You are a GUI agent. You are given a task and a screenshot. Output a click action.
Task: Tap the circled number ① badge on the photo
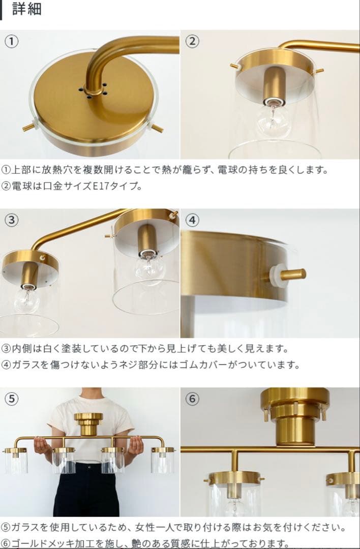tap(12, 42)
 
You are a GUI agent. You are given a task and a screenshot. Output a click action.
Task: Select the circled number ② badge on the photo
tap(192, 42)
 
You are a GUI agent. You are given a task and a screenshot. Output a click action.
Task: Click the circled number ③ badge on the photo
tap(12, 220)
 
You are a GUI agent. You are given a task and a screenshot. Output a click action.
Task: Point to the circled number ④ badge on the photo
tap(192, 220)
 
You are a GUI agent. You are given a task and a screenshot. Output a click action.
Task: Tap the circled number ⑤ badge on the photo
tap(12, 399)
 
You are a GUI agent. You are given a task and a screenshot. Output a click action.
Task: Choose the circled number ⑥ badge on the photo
tap(192, 399)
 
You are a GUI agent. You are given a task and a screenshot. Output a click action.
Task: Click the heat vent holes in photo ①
tap(92, 90)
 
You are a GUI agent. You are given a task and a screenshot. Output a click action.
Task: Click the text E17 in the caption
tap(101, 186)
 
